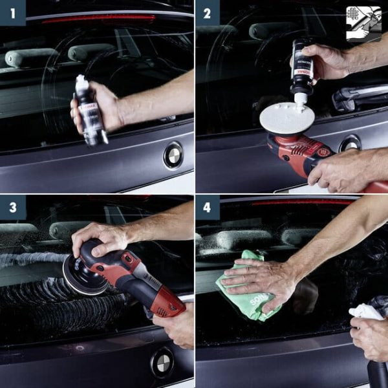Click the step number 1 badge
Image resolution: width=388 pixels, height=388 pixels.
pos(12,12)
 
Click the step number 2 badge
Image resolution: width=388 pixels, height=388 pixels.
pos(208,12)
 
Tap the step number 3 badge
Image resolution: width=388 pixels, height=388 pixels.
pos(12,208)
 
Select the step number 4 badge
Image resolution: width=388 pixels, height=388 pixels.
pos(208,208)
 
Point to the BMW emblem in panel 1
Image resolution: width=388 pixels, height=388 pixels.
pos(173,155)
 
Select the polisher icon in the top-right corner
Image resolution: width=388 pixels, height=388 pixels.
pos(363,24)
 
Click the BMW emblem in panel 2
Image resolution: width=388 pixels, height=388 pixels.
pos(350,143)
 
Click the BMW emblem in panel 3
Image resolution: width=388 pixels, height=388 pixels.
pos(162,363)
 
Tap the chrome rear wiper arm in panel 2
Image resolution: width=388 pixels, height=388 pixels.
pos(359,97)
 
